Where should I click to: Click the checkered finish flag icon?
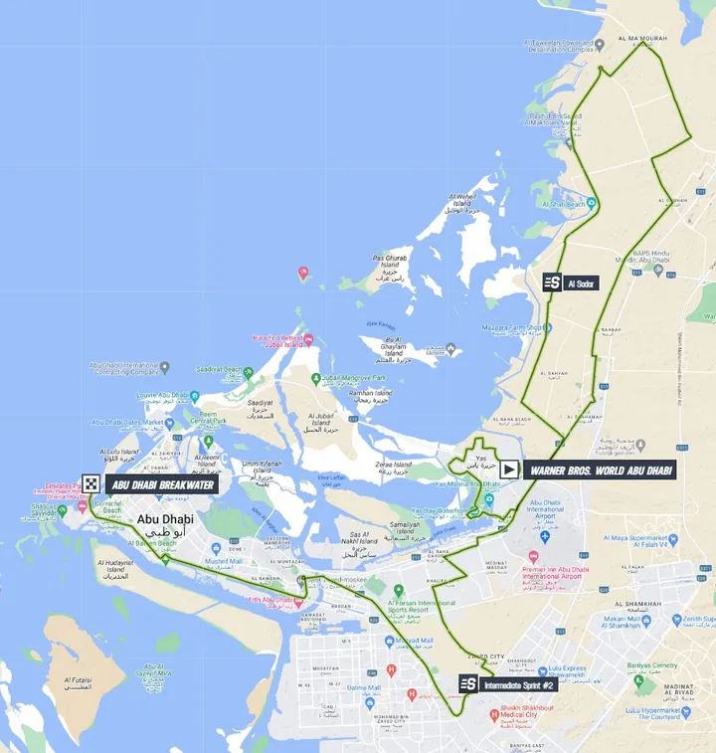tap(91, 484)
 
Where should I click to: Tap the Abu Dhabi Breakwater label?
tap(161, 484)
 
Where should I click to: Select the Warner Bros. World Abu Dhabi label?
tap(600, 470)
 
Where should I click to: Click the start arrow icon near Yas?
tap(508, 470)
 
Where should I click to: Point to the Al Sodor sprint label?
tap(581, 283)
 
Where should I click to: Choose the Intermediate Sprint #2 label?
tap(517, 684)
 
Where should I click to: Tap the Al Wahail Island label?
tap(464, 203)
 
